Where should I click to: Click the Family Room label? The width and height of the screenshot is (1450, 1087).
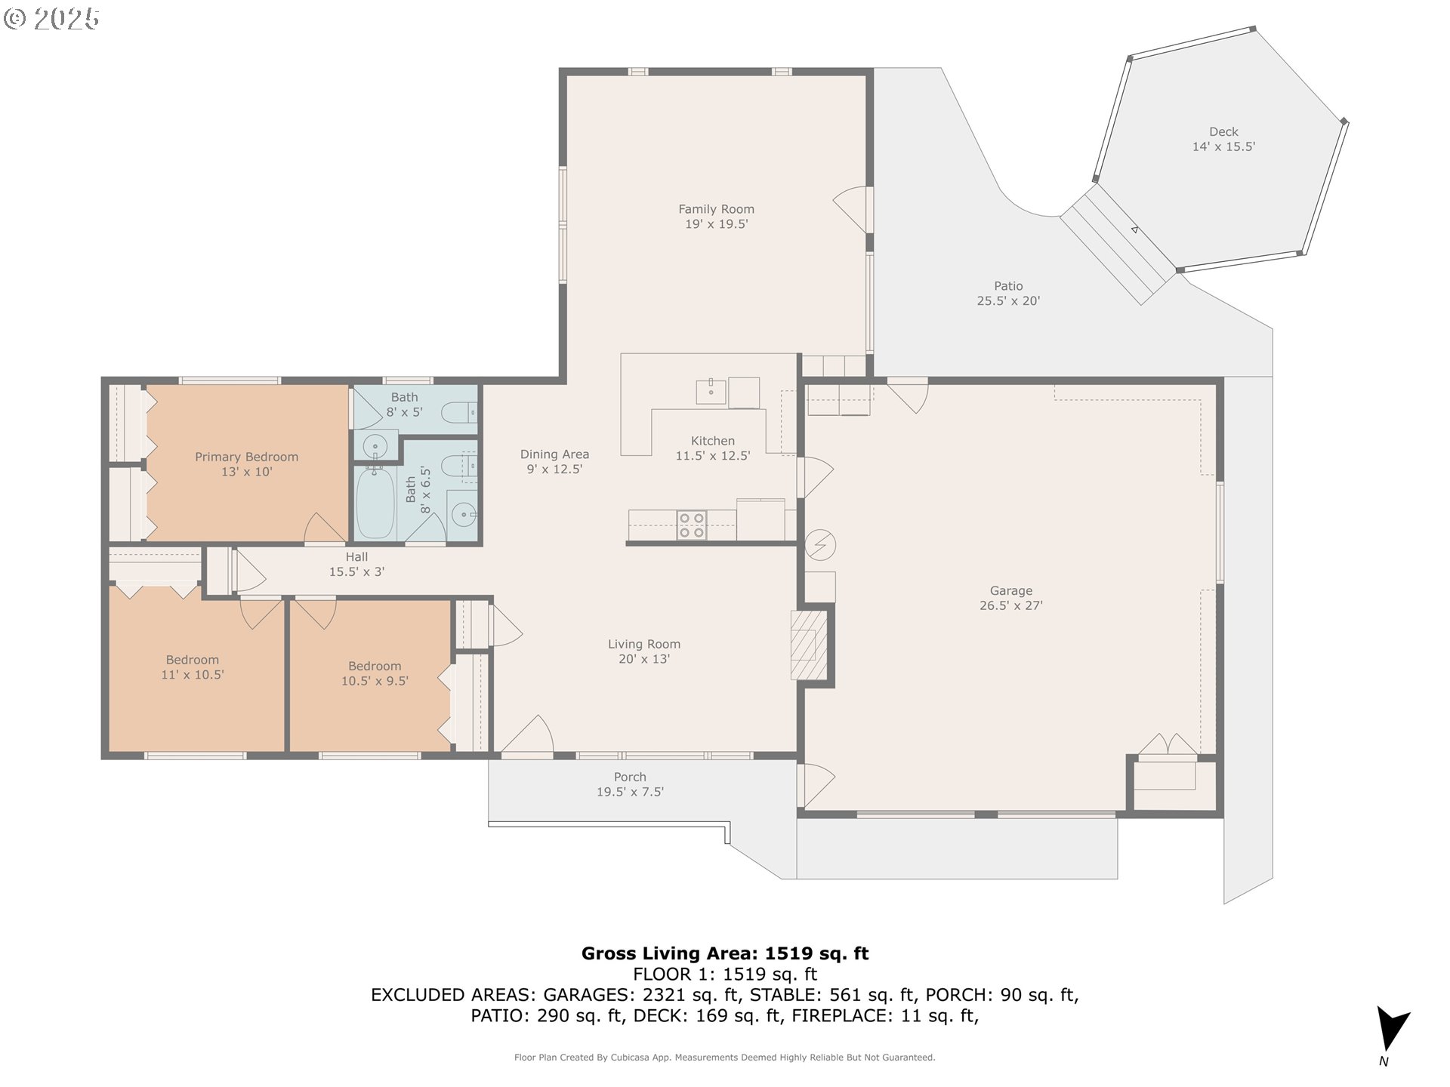tap(716, 209)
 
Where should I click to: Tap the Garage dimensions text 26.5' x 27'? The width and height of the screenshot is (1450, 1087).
tap(1010, 605)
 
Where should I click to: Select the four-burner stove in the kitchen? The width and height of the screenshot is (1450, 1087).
tap(691, 525)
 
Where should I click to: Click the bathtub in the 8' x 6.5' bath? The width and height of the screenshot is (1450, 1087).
tap(375, 503)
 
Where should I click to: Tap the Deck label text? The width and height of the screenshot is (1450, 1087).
tap(1223, 131)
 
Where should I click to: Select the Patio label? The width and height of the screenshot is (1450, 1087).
tap(1008, 286)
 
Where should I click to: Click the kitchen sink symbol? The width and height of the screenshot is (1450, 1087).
tap(711, 392)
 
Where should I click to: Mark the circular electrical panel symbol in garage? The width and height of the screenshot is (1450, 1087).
tap(821, 544)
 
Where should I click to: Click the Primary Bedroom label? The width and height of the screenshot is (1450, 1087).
tap(246, 457)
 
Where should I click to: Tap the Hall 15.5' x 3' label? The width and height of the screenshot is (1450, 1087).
tap(356, 564)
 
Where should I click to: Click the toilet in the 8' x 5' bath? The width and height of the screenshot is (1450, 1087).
tap(458, 412)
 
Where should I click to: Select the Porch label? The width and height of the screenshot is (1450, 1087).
tap(630, 777)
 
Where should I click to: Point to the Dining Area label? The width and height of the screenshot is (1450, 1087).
tap(554, 454)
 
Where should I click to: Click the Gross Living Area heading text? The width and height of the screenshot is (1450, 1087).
tap(724, 953)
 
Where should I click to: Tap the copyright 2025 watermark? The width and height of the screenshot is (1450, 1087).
tap(51, 19)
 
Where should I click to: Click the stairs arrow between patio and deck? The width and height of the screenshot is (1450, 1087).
tap(1134, 229)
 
